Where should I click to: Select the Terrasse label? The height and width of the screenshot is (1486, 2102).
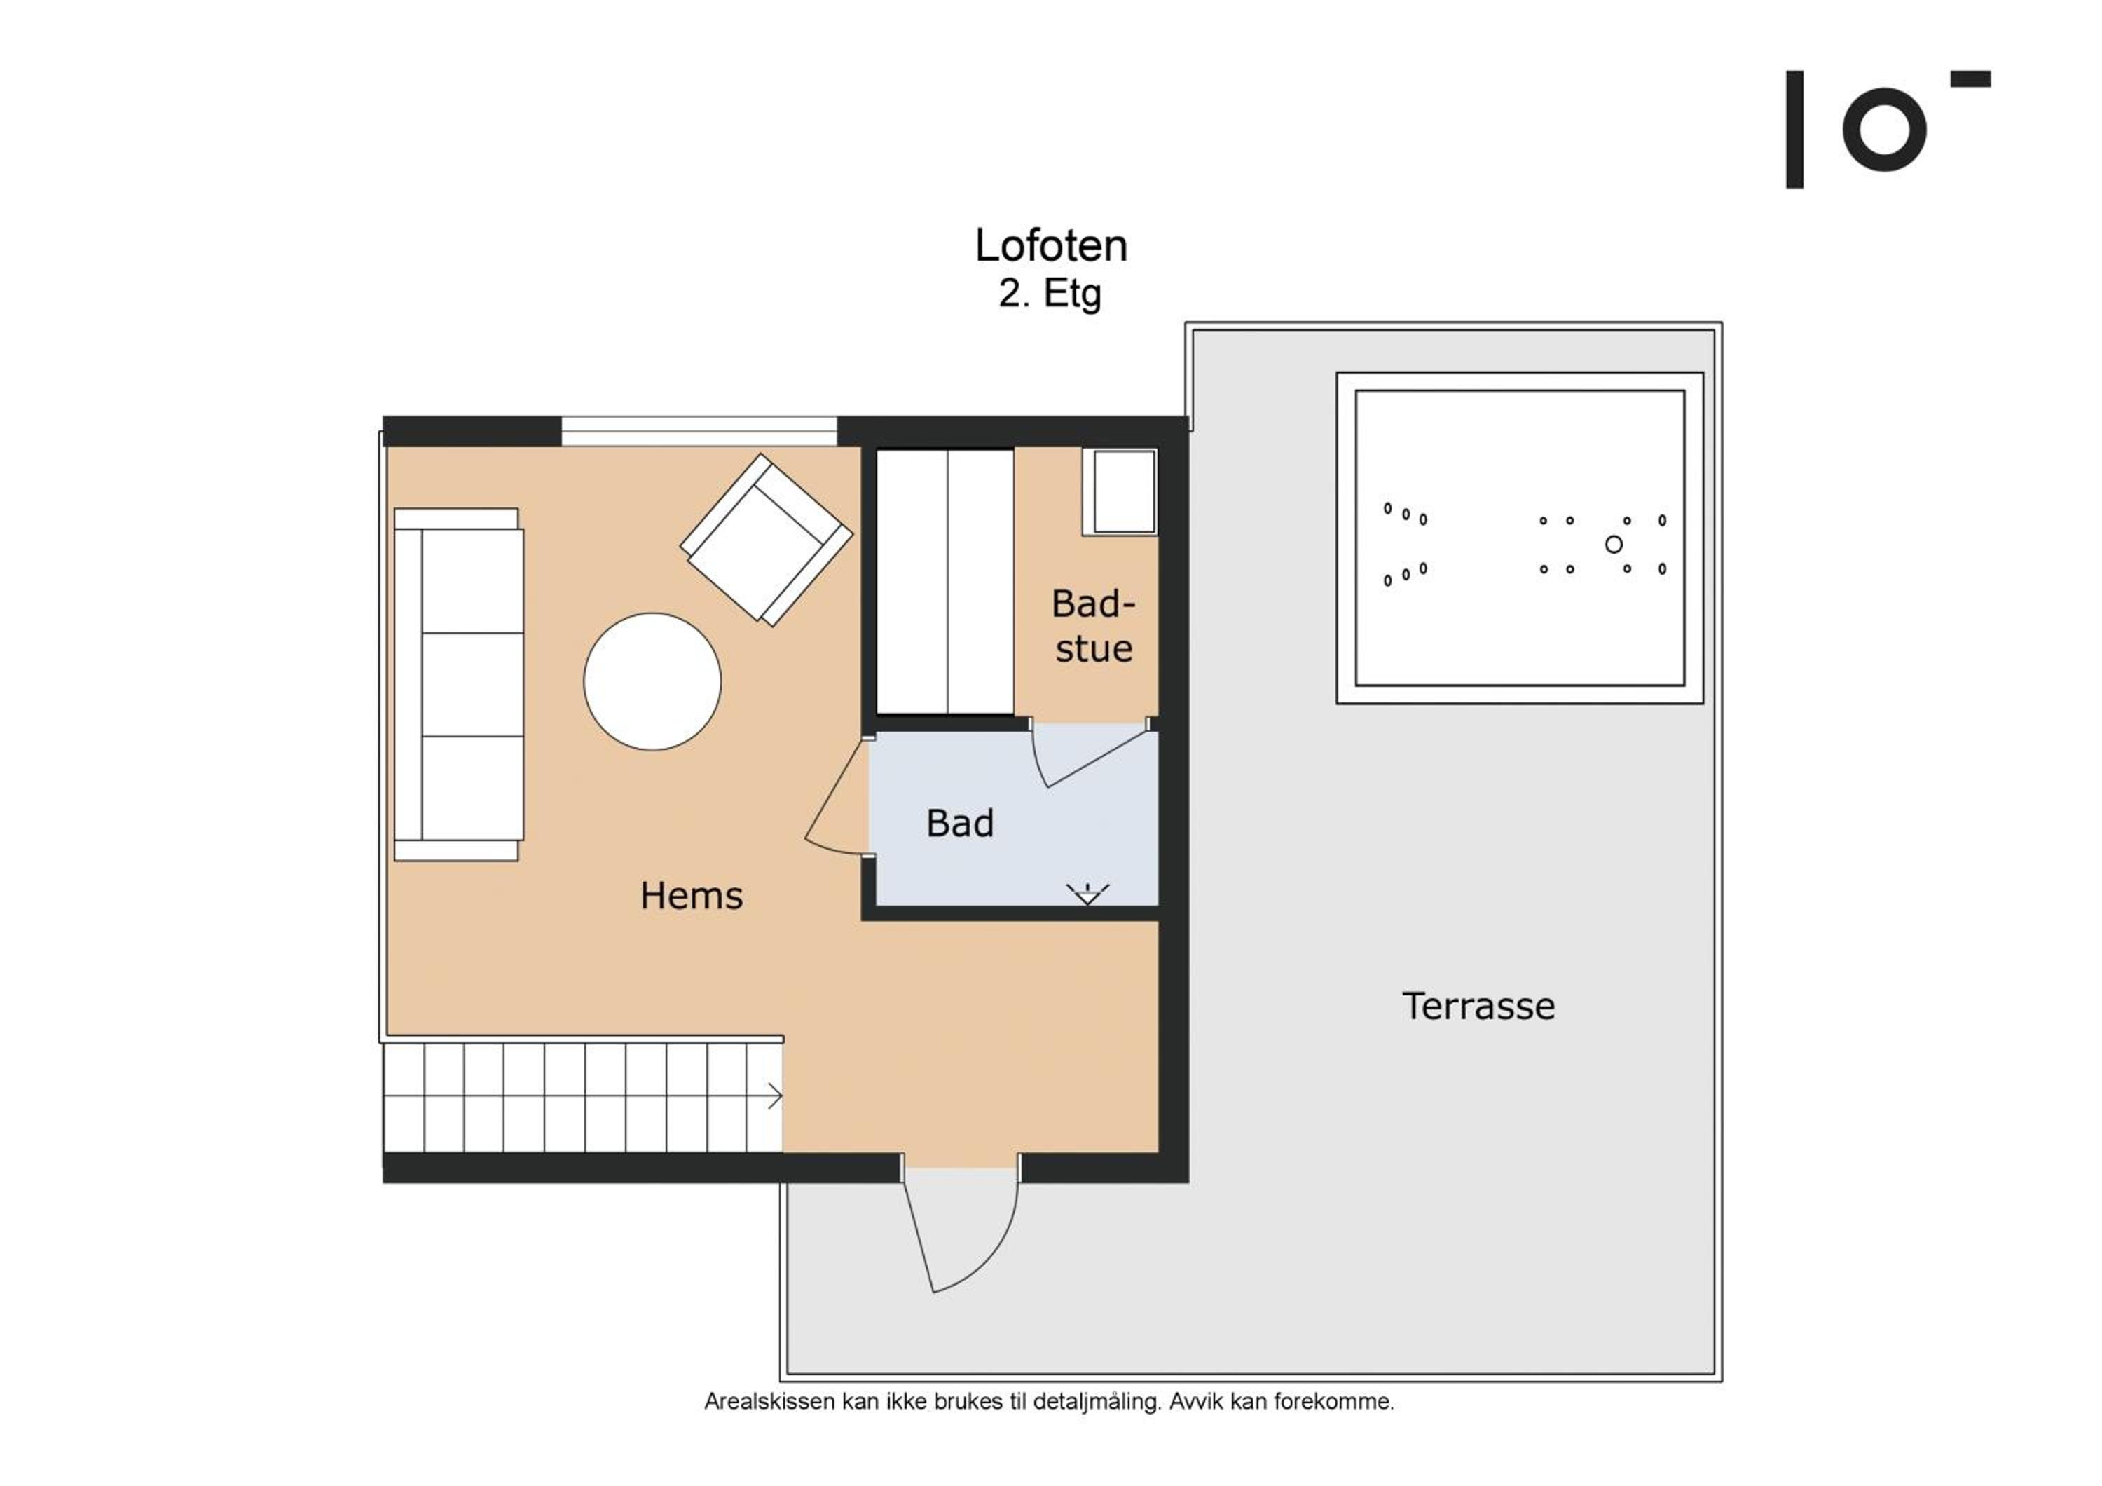coord(1478,1007)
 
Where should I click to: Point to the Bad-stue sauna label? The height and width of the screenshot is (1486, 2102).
coord(1093,626)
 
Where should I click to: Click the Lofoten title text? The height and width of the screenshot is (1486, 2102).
coord(1051,245)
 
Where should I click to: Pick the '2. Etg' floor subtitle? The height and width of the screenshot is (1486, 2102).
coord(1050,293)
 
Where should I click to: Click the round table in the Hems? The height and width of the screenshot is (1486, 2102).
coord(653,681)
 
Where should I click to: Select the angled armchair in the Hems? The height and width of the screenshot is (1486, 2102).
coord(767,540)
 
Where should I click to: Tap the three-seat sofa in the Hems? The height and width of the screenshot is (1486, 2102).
coord(459,684)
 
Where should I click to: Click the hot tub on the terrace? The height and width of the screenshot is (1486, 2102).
coord(1520,538)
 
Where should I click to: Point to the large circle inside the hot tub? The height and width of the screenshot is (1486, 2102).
coord(1614,545)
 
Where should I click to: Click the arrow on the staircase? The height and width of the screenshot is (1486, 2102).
coord(774,1096)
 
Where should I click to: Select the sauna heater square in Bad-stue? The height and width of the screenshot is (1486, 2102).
coord(1120,491)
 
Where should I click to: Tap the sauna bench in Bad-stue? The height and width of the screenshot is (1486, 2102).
coord(946,581)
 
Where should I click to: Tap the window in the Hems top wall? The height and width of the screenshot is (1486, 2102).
coord(699,431)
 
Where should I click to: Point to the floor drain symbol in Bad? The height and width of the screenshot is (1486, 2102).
coord(1087,894)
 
